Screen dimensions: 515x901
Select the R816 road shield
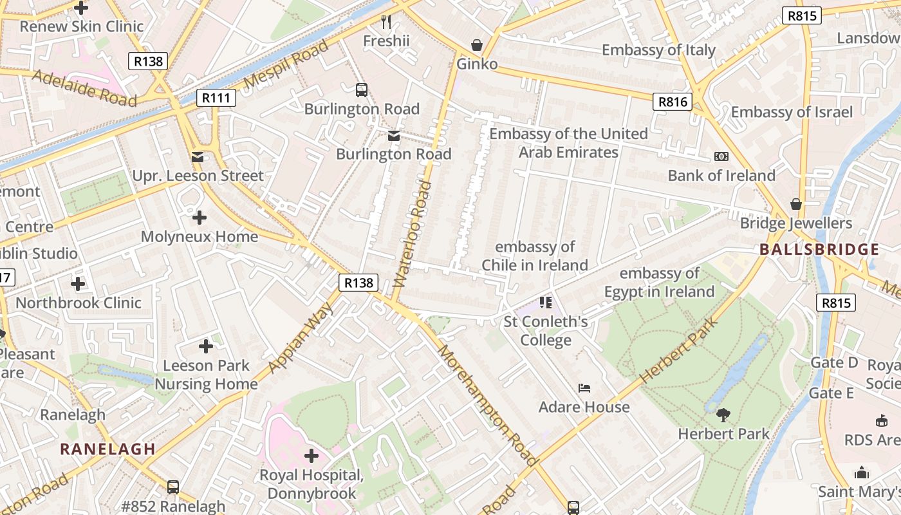(673, 102)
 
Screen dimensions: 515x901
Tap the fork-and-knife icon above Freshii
(386, 22)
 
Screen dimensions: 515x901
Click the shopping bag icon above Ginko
(477, 45)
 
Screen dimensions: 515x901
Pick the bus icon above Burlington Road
(362, 90)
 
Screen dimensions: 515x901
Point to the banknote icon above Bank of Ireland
(721, 156)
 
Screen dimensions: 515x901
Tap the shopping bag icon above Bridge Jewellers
(796, 204)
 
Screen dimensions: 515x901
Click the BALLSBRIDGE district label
(819, 250)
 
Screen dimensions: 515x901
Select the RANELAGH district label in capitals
(108, 449)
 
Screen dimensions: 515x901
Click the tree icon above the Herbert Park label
(723, 415)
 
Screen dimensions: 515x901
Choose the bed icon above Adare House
(584, 388)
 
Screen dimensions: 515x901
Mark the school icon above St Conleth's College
(546, 302)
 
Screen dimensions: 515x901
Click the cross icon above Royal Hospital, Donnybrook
(311, 456)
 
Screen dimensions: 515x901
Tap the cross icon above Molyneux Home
(200, 218)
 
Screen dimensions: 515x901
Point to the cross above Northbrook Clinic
(78, 283)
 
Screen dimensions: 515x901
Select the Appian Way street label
(301, 338)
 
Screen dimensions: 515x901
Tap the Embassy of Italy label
(658, 50)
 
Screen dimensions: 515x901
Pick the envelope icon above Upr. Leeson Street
(198, 156)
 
